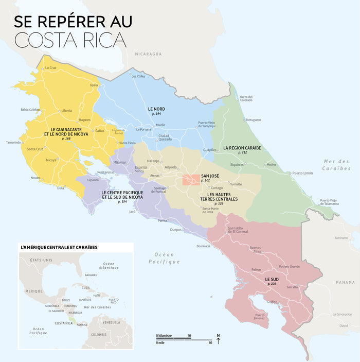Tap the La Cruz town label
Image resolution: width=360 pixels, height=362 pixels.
click(x=50, y=68)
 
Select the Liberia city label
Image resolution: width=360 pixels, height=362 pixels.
click(x=66, y=111)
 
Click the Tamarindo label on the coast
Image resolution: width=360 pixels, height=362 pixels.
click(x=14, y=143)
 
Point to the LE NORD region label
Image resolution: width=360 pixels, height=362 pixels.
click(x=156, y=109)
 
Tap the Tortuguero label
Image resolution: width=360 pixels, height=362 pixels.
click(x=253, y=119)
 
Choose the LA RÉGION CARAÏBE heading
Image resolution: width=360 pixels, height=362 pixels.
click(x=242, y=148)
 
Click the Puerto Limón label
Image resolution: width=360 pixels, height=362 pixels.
click(x=302, y=173)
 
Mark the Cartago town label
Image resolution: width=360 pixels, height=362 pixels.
click(x=217, y=188)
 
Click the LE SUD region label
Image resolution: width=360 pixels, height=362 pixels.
click(x=272, y=279)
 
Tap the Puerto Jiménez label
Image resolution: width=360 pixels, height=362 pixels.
click(x=260, y=317)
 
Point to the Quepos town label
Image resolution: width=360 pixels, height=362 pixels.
click(x=176, y=230)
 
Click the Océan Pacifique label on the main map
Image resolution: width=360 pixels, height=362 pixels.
click(x=164, y=258)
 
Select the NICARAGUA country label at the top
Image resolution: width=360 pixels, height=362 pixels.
click(x=149, y=54)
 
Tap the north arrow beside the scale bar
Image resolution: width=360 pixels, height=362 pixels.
click(x=218, y=340)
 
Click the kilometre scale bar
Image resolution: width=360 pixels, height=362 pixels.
click(x=173, y=338)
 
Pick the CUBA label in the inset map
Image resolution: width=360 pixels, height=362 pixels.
click(x=86, y=288)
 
